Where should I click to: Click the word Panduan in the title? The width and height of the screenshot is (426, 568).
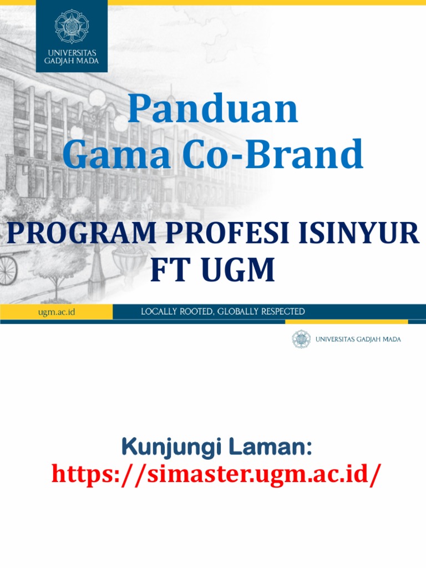pyautogui.click(x=213, y=110)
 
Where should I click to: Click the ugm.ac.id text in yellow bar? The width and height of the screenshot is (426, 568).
pyautogui.click(x=57, y=312)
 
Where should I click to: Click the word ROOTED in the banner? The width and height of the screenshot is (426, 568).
pyautogui.click(x=199, y=312)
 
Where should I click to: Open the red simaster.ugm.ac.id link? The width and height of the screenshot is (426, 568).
pyautogui.click(x=216, y=475)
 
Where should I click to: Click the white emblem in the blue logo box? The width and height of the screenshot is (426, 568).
pyautogui.click(x=72, y=26)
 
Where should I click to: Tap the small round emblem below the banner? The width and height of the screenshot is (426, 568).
pyautogui.click(x=301, y=339)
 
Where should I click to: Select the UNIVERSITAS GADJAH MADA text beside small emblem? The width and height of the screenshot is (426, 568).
pyautogui.click(x=358, y=339)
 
